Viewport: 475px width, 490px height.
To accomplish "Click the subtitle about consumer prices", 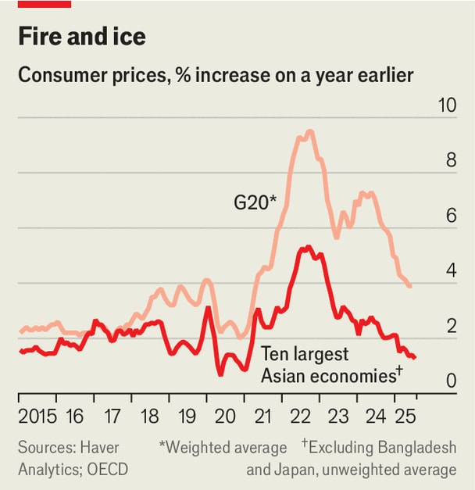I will point(216,76).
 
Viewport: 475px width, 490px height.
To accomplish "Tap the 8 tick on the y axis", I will point(451,161).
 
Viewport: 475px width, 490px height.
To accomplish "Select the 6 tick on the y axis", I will point(451,216).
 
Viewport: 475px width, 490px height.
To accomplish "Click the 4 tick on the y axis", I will point(451,271).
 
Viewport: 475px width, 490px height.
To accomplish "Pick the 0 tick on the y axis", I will point(451,381).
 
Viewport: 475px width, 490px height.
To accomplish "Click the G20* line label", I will point(255,203).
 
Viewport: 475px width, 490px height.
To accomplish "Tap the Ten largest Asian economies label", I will point(330,363).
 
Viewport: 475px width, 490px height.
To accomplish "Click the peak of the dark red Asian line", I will point(308,247).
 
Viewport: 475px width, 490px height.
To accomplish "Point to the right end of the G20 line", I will point(410,286).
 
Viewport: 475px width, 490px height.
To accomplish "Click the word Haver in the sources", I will point(99,448).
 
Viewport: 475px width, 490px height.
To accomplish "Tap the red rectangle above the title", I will point(45,4).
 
